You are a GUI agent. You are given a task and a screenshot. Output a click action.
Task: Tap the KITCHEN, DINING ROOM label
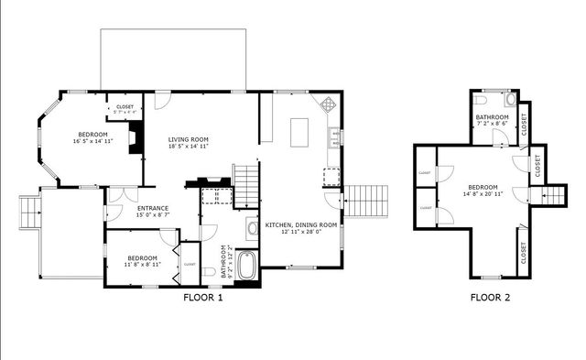pos(301,224)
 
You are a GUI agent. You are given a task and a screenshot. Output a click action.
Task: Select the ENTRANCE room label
pos(153,208)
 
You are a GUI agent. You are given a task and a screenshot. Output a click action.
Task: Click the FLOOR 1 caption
pos(202,297)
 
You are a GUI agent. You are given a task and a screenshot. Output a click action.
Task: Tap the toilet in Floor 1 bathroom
pos(212,270)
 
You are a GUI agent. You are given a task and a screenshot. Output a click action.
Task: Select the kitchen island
pos(300,133)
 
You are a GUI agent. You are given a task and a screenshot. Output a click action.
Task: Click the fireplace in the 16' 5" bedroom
pos(135,139)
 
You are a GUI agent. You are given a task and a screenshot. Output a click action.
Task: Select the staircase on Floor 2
pos(554,194)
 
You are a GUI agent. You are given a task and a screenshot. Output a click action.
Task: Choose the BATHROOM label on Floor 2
pos(492,116)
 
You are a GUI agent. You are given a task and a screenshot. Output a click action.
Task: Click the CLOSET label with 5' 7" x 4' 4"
pos(124,107)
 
